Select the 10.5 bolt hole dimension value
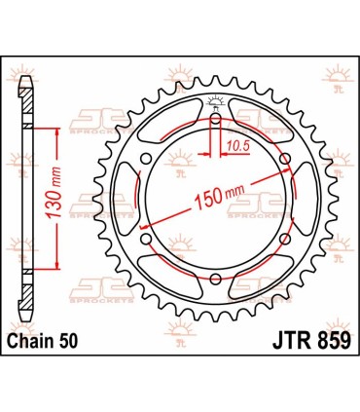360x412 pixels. click(x=234, y=146)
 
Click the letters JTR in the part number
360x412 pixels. click(x=282, y=343)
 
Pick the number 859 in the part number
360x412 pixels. click(x=326, y=343)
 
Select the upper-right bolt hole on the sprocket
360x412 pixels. click(x=285, y=158)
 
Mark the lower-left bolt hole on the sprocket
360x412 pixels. click(x=144, y=241)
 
